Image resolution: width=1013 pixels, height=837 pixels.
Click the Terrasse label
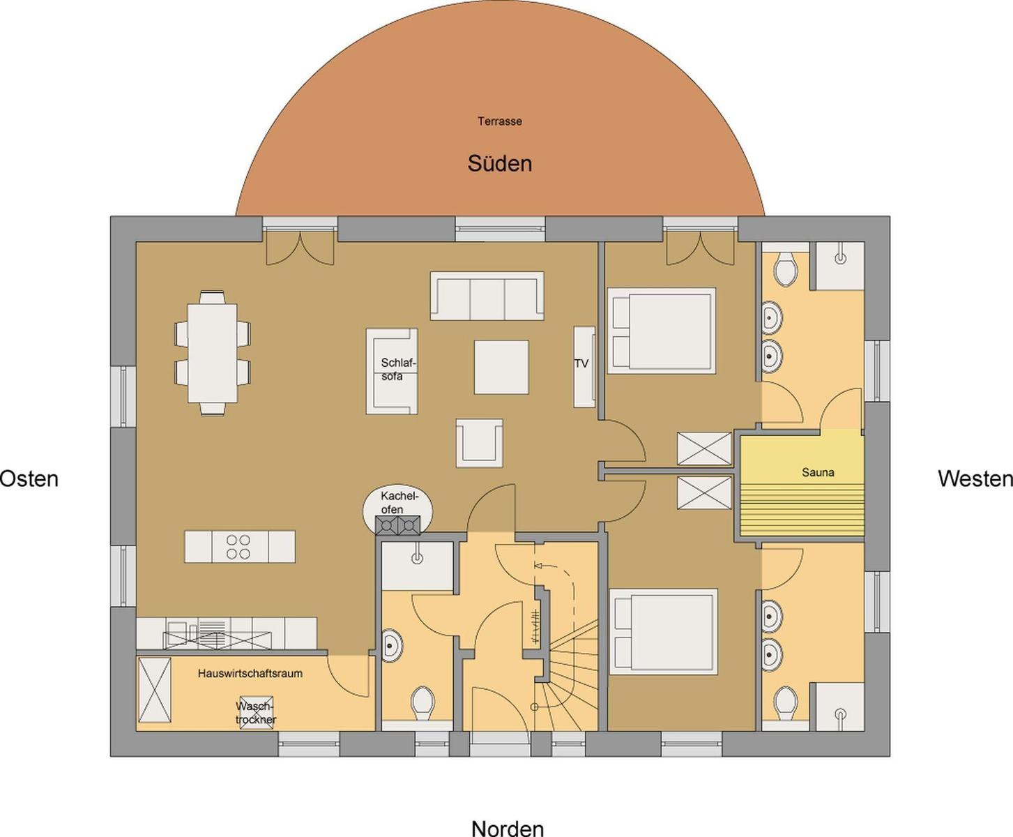coord(500,121)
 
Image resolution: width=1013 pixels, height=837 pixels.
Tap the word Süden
coord(500,164)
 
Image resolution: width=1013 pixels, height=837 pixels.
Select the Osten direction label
coord(29,478)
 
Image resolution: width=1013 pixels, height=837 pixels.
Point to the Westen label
coord(975,478)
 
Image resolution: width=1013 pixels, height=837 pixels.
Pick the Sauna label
coord(818,472)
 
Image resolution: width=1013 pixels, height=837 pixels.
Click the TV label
coord(581,363)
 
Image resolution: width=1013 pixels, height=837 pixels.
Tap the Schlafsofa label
coord(398,370)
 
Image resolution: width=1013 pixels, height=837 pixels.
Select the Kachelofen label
coord(399,503)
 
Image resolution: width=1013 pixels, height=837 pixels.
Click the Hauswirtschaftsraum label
coord(250,673)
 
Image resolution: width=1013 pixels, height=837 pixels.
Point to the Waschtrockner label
coord(256,713)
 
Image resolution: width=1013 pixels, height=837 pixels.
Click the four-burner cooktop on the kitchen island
coord(238,547)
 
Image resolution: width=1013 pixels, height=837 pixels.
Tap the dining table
coord(213,353)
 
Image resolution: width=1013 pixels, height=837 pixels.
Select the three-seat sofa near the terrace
coord(487,296)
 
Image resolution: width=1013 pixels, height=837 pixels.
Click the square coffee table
coord(501,367)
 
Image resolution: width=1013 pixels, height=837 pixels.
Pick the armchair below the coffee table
coord(479,443)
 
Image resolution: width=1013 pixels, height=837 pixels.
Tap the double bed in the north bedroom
coord(663,632)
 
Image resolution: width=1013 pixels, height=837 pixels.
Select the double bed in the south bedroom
coord(661,331)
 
